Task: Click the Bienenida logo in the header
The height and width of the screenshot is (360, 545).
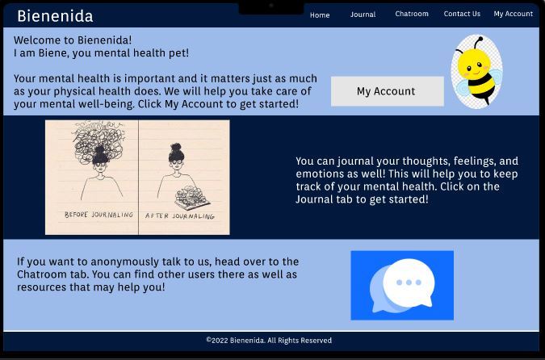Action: (55, 15)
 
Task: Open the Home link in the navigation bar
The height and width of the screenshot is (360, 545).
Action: (320, 15)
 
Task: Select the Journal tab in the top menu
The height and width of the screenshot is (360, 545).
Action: (363, 15)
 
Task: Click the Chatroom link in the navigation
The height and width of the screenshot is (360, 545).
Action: (412, 14)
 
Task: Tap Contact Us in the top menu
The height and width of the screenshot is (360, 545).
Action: (462, 14)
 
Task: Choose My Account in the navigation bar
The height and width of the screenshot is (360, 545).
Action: (513, 14)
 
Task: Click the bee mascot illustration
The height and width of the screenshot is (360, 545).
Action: (476, 71)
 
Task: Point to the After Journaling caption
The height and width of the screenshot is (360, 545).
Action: (179, 216)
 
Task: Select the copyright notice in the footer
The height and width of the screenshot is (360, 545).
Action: (269, 341)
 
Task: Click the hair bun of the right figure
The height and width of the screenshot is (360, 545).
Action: (175, 149)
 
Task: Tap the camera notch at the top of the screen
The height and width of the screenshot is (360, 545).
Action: (271, 6)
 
